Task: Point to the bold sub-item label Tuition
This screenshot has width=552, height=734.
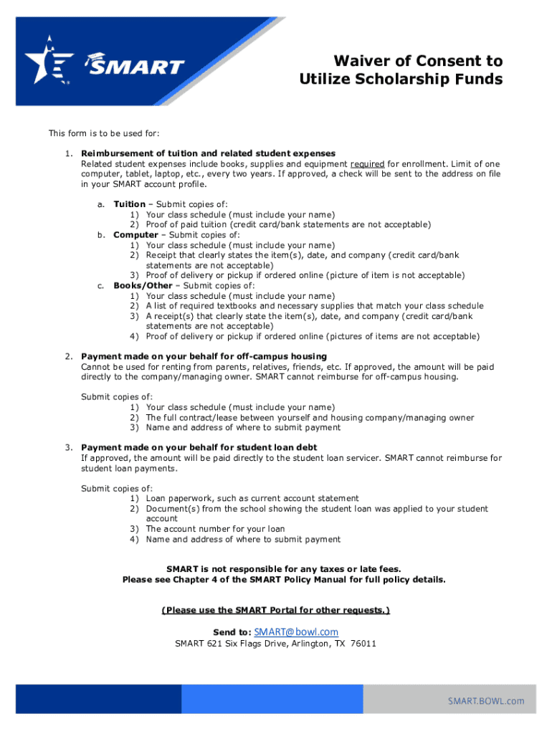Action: pyautogui.click(x=129, y=204)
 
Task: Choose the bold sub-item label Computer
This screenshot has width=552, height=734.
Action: pyautogui.click(x=135, y=234)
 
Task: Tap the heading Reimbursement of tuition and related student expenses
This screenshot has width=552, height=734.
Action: pyautogui.click(x=208, y=153)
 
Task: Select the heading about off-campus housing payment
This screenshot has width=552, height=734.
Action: pyautogui.click(x=204, y=356)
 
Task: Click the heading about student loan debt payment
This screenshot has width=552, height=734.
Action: pyautogui.click(x=199, y=447)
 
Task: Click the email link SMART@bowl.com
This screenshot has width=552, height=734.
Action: pyautogui.click(x=296, y=631)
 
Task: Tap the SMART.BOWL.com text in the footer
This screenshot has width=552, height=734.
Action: pyautogui.click(x=487, y=701)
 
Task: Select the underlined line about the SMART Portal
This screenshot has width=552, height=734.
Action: pyautogui.click(x=276, y=610)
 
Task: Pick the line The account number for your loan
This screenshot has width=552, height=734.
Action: pyautogui.click(x=215, y=529)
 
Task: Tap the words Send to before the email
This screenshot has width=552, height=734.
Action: pyautogui.click(x=232, y=632)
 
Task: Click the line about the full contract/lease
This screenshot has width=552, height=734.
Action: pyautogui.click(x=310, y=417)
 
